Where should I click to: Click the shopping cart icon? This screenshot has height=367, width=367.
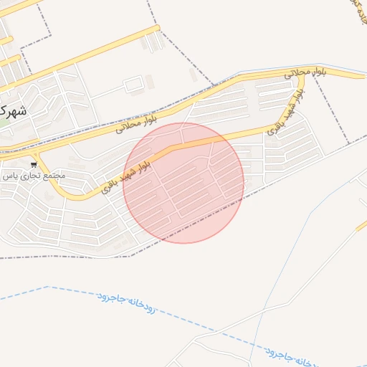[34, 165]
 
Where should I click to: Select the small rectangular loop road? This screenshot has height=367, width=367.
[133, 86]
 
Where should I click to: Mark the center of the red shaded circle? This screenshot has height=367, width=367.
[183, 183]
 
